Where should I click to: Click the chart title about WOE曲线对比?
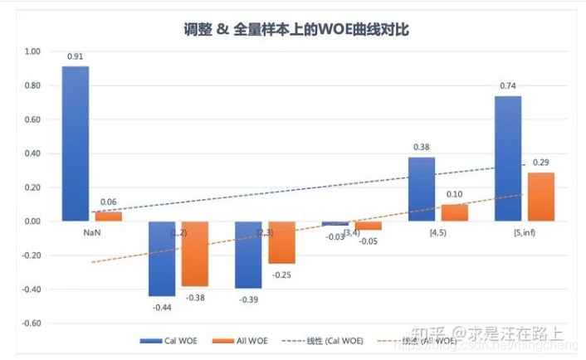tap(296, 29)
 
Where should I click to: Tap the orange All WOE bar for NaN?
tap(108, 216)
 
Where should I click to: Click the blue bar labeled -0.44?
tap(162, 259)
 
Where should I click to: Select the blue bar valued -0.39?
tap(248, 255)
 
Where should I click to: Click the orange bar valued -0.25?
tap(281, 242)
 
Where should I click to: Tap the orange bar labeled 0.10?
tap(454, 212)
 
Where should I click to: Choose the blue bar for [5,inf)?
tap(508, 158)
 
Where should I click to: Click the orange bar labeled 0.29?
tap(540, 197)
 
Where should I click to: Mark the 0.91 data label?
tap(76, 56)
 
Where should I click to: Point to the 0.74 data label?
tap(508, 85)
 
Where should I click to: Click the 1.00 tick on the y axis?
tap(32, 51)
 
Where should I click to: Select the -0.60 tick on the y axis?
tap(31, 324)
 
